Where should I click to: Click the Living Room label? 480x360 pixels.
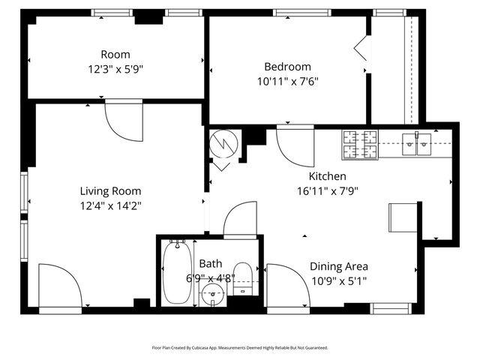coord(110,191)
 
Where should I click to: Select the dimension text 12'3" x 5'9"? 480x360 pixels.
coord(115,68)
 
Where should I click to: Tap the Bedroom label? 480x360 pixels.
coord(286,66)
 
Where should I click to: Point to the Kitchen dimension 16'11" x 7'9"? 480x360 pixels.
coord(327,190)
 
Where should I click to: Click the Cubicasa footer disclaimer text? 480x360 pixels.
coord(240,348)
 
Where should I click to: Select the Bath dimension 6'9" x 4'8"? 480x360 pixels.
coord(211,277)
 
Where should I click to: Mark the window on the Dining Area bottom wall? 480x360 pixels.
coord(389,307)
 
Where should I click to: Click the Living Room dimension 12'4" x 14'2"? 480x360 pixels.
coord(110,205)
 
